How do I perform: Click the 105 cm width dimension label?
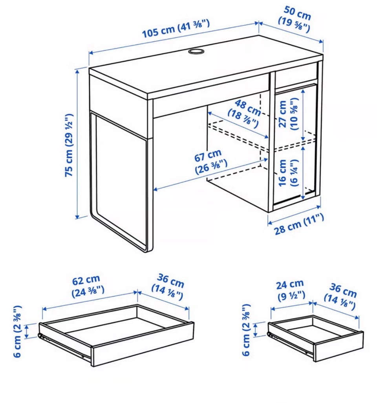(176, 28)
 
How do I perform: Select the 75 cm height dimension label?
(69, 145)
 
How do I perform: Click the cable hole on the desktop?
(196, 51)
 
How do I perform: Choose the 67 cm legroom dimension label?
(209, 162)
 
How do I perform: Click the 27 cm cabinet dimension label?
(288, 114)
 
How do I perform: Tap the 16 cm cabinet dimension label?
(288, 173)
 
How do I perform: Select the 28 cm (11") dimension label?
(299, 225)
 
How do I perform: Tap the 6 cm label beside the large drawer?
(17, 331)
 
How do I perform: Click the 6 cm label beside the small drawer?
(246, 330)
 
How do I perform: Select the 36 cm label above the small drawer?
(340, 296)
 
